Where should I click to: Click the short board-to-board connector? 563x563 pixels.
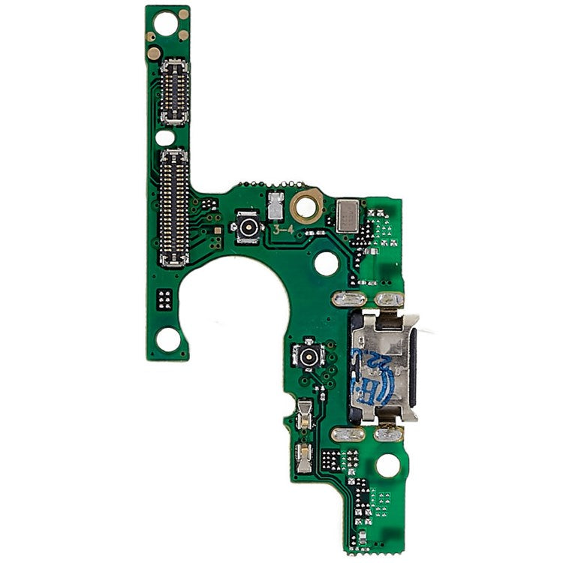[174, 91]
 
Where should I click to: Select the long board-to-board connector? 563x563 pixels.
[174, 208]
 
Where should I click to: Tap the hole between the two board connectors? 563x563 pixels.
[164, 138]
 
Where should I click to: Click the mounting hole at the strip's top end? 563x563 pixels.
[182, 35]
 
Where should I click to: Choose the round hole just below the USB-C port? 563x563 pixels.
[388, 465]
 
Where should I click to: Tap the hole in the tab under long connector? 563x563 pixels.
[167, 339]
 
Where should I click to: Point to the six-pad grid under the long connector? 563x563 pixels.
[164, 300]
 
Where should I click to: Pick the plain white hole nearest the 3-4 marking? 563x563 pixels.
[326, 263]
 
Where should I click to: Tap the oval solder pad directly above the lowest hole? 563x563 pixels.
[390, 434]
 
